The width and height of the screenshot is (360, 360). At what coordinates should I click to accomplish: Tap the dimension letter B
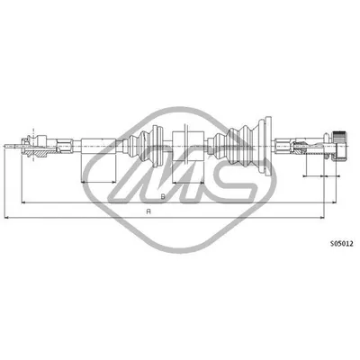[x=160, y=196]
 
